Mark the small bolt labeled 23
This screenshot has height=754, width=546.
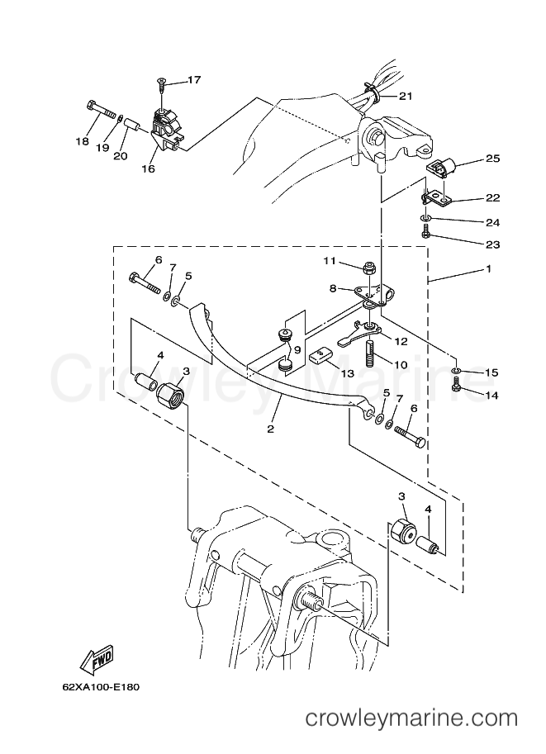pyautogui.click(x=425, y=235)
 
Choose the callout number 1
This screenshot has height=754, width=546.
pyautogui.click(x=489, y=269)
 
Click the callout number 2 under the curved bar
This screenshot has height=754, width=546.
pyautogui.click(x=269, y=429)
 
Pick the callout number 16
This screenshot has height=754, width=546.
pyautogui.click(x=148, y=168)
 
